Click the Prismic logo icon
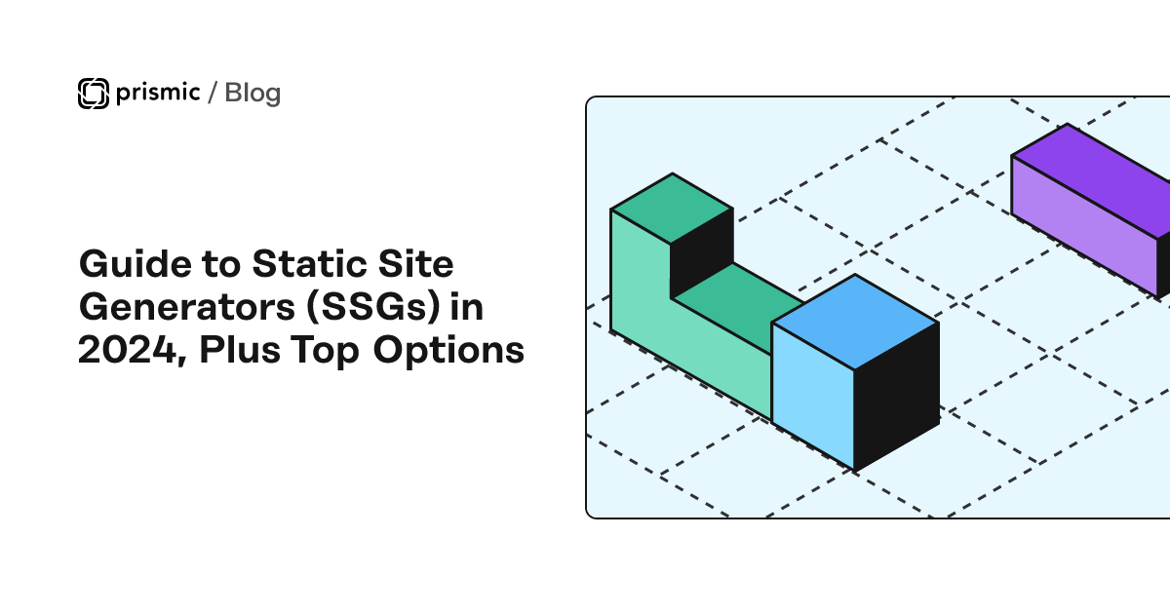pyautogui.click(x=93, y=93)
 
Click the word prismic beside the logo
pyautogui.click(x=156, y=93)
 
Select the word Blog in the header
pyautogui.click(x=253, y=93)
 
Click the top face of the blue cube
pyautogui.click(x=855, y=321)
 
